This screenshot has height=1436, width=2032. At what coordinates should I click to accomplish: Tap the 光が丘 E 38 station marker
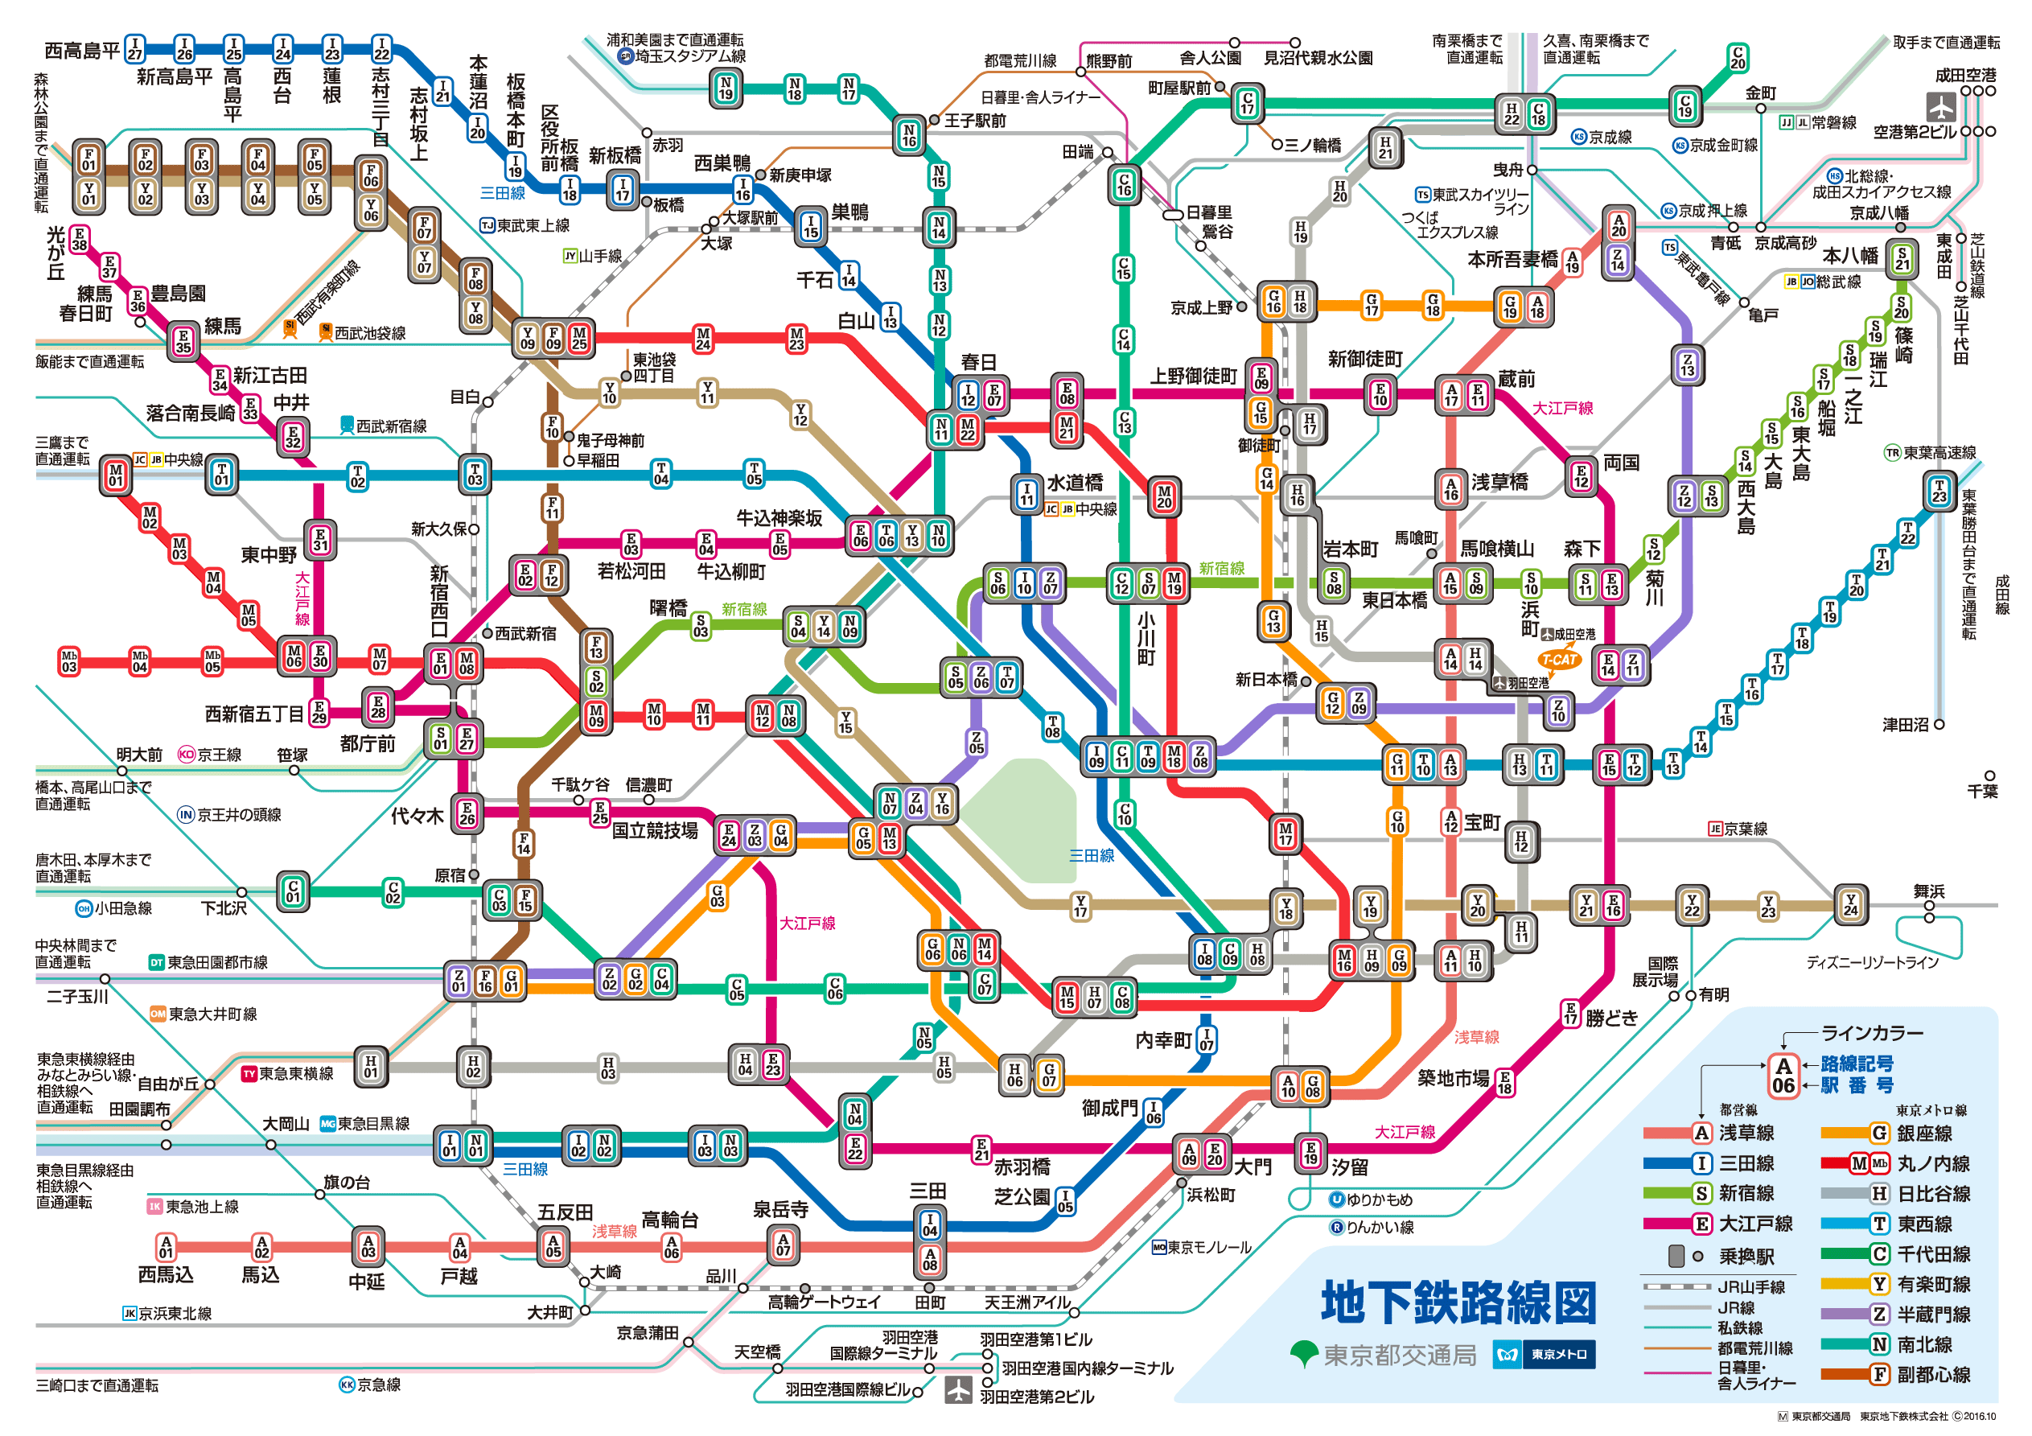pos(80,239)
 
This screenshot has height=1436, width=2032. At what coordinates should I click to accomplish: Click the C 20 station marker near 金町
pos(1738,58)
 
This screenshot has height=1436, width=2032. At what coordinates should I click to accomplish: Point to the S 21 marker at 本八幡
pos(1902,258)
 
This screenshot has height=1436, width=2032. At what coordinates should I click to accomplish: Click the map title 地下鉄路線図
pos(1458,1302)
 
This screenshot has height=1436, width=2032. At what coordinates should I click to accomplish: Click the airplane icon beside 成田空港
pos(1941,106)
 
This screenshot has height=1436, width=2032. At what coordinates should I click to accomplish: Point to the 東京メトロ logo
pos(1545,1355)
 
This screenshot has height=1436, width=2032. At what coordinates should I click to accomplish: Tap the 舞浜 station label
pos(1928,891)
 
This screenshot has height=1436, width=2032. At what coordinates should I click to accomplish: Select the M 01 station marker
pos(116,476)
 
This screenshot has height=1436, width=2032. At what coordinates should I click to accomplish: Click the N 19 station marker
pos(726,88)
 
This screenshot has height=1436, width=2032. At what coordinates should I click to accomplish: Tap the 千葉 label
pos(1982,792)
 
